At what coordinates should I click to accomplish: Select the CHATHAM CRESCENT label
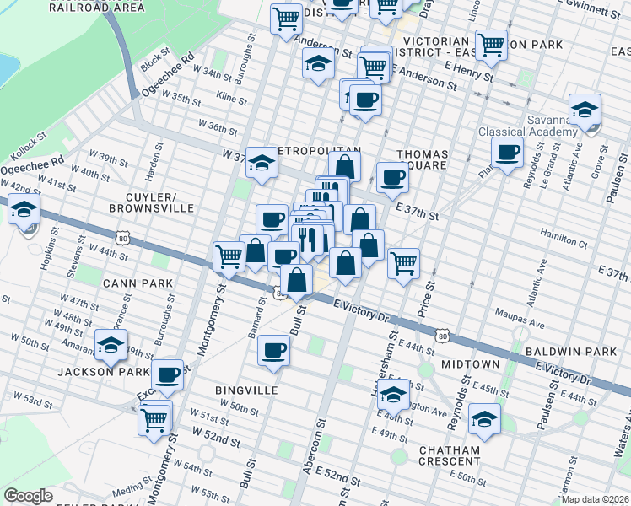450,456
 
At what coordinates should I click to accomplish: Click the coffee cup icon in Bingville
272,349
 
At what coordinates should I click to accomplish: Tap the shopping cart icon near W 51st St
154,418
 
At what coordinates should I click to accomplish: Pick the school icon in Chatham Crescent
484,418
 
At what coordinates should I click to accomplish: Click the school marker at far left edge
24,209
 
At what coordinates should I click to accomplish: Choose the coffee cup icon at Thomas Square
392,177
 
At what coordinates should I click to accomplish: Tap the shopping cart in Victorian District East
490,44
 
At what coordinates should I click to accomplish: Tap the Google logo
28,496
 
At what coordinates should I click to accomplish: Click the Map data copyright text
595,499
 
